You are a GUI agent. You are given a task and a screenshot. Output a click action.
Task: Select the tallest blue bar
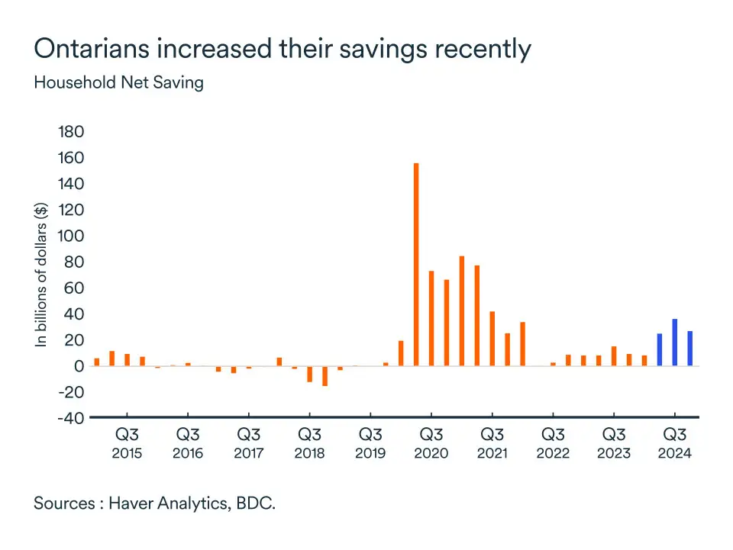[x=675, y=343]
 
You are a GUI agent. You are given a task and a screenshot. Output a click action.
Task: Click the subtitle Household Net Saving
[x=118, y=82]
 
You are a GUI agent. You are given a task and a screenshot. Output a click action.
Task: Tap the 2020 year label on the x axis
[x=431, y=453]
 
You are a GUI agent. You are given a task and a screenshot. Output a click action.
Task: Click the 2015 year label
[x=127, y=453]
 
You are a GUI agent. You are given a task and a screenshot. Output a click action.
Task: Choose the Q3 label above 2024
[x=675, y=436]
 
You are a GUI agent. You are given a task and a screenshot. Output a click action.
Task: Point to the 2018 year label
[x=309, y=453]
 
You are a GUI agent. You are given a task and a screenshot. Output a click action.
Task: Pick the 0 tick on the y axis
[x=77, y=366]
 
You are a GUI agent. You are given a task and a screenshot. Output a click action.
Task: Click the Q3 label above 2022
[x=553, y=436]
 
